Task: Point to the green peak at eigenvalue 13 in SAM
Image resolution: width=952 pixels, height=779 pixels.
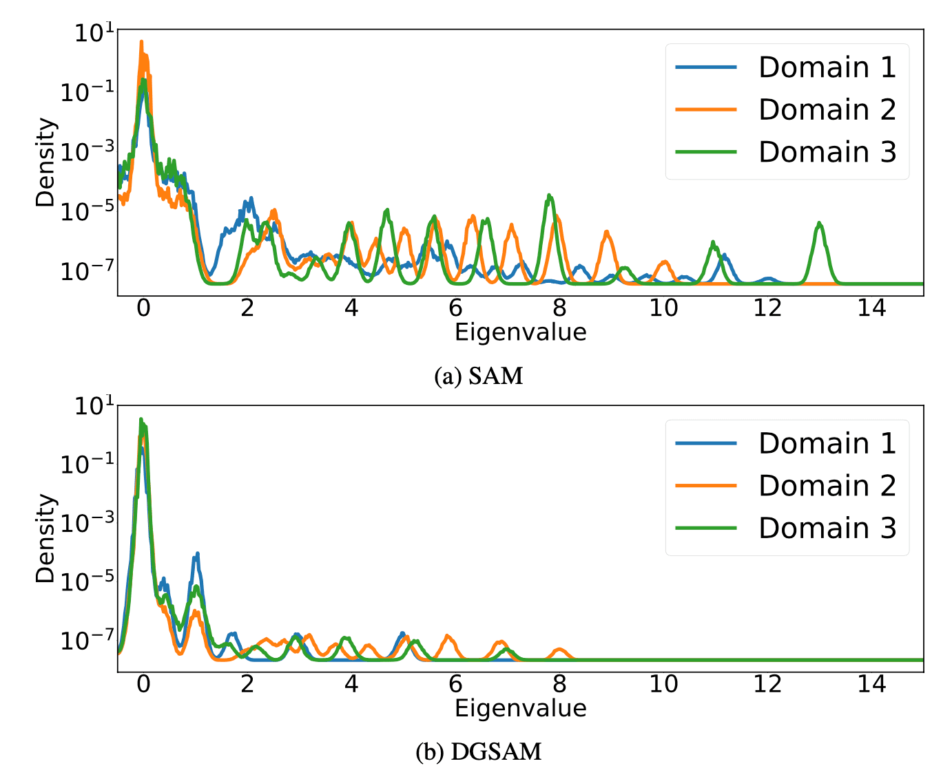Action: (x=819, y=224)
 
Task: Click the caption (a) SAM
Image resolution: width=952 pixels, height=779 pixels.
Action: (x=479, y=376)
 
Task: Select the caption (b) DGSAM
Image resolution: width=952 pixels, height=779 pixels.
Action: (x=479, y=751)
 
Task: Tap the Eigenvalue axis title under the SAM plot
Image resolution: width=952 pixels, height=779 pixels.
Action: (x=520, y=332)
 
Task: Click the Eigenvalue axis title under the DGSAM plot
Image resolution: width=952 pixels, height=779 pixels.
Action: (x=520, y=708)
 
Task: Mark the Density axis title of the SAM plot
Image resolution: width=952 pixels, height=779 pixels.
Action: (x=45, y=162)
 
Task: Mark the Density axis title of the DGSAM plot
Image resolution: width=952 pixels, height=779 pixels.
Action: (x=45, y=538)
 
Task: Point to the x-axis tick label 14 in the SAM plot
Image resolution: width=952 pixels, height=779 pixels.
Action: (x=871, y=308)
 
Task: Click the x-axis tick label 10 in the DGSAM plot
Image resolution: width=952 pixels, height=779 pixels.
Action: (x=663, y=684)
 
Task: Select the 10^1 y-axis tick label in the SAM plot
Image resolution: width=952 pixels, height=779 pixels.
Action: (x=89, y=32)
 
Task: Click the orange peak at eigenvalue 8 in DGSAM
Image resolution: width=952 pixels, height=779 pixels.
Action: (x=560, y=650)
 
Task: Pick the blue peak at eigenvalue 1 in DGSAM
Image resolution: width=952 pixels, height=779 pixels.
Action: (x=198, y=554)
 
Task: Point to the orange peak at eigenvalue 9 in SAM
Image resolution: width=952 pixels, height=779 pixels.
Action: (x=607, y=233)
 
